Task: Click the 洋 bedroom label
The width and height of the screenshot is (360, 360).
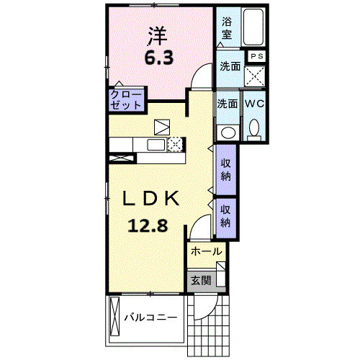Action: (x=158, y=36)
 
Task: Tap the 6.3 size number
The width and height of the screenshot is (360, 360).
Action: (x=158, y=58)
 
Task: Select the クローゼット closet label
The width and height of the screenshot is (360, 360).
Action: (x=126, y=100)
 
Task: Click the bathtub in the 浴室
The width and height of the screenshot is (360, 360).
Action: (x=253, y=27)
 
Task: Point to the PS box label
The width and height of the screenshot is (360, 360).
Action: (x=257, y=56)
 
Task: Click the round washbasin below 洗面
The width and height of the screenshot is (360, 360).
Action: (x=228, y=132)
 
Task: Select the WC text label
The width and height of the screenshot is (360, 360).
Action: (x=254, y=104)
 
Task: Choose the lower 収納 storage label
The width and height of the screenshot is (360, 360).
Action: (x=225, y=216)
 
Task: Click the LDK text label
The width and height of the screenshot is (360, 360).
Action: (x=151, y=198)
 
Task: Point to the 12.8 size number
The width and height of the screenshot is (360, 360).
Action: (x=148, y=226)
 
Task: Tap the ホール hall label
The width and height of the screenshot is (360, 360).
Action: (x=206, y=251)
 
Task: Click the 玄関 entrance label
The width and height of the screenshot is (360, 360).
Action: (x=201, y=280)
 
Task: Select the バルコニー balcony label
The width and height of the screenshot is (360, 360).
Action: (x=150, y=318)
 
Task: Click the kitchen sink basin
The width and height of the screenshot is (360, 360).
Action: (x=156, y=145)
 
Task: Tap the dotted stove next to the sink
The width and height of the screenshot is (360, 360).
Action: (x=176, y=145)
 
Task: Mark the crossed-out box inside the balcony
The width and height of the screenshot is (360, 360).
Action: (x=114, y=316)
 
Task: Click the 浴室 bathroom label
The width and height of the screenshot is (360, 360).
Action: (x=227, y=28)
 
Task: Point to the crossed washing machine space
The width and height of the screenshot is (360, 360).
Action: (x=255, y=76)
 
